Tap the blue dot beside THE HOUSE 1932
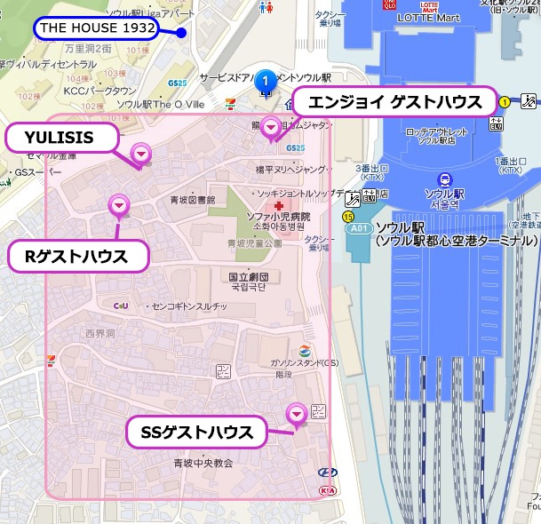(180, 34)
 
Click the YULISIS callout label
(61, 138)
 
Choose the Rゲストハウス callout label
(76, 258)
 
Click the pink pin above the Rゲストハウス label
(118, 206)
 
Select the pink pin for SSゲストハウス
(296, 412)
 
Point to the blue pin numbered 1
(264, 82)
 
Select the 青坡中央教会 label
(203, 463)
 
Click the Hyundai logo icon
(326, 472)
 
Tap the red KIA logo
(327, 489)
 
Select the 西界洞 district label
(100, 333)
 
